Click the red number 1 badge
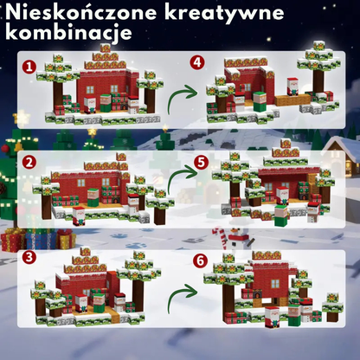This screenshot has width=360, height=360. pyautogui.click(x=29, y=66)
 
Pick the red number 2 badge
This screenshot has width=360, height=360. pyautogui.click(x=29, y=162)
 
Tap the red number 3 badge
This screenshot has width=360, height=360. pyautogui.click(x=29, y=257)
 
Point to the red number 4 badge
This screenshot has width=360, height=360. pyautogui.click(x=197, y=62)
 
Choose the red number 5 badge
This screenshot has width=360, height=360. pyautogui.click(x=201, y=161)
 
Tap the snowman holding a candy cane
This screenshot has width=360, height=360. pyautogui.click(x=240, y=240)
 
